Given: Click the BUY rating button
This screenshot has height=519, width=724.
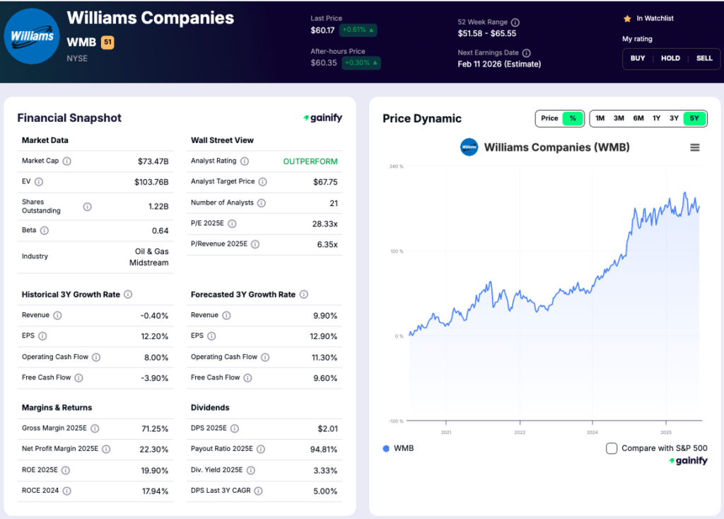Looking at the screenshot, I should click(638, 58).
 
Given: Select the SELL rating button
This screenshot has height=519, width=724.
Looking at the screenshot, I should click(704, 58).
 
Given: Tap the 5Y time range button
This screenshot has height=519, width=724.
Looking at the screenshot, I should click(694, 118).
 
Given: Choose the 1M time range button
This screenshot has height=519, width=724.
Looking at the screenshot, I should click(600, 118).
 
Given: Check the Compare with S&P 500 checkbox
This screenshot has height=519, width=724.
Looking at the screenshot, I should click(612, 448).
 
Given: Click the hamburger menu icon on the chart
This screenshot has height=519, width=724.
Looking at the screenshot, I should click(695, 147).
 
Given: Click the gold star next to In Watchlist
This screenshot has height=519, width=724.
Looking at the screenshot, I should click(626, 18).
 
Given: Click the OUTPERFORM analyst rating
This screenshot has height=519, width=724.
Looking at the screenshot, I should click(310, 161).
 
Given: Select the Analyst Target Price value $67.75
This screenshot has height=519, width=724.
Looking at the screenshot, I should click(325, 182).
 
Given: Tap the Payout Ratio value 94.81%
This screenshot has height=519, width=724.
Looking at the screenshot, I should click(323, 449).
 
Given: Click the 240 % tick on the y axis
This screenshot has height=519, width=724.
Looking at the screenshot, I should click(396, 166).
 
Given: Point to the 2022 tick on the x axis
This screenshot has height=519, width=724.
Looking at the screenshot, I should click(520, 432).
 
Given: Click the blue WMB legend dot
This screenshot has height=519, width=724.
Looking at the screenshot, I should click(386, 448).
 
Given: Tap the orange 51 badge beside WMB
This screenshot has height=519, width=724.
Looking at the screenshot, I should click(107, 42).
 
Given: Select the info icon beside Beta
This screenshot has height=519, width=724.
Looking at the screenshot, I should click(45, 231).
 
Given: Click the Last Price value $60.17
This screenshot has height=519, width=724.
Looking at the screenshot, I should click(322, 30).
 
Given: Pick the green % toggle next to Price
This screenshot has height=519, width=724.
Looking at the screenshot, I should click(572, 118).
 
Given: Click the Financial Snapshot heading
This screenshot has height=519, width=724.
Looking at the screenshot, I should click(69, 118).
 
